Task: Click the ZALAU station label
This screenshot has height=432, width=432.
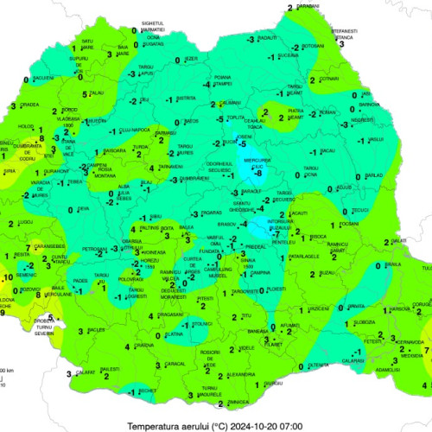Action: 96,93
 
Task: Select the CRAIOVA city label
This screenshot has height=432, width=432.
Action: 143,346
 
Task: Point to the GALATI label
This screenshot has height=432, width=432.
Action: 398,239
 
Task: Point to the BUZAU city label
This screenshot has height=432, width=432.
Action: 327,272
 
